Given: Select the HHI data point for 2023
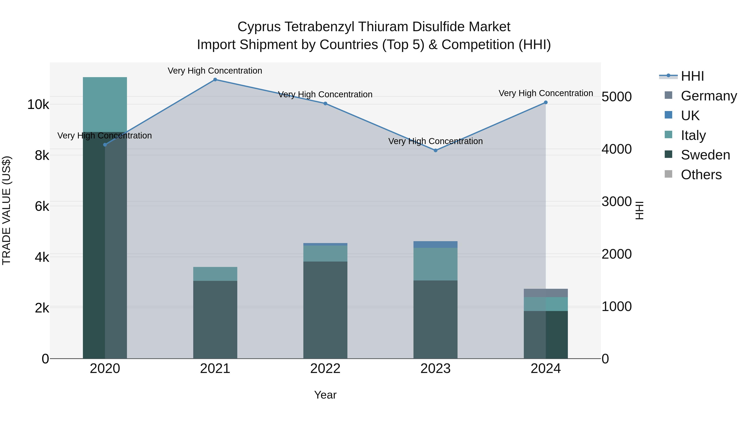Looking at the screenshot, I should click(435, 151).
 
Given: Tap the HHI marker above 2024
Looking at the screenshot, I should click(546, 102).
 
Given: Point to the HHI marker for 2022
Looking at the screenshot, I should click(325, 104).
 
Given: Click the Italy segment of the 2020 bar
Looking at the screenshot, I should click(105, 105).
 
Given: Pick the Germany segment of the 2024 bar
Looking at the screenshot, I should click(546, 293).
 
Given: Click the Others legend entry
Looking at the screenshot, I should click(701, 175).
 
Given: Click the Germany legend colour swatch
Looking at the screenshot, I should click(668, 95).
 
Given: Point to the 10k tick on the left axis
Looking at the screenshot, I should click(38, 105).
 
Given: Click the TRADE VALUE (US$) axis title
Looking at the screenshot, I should click(6, 210).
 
